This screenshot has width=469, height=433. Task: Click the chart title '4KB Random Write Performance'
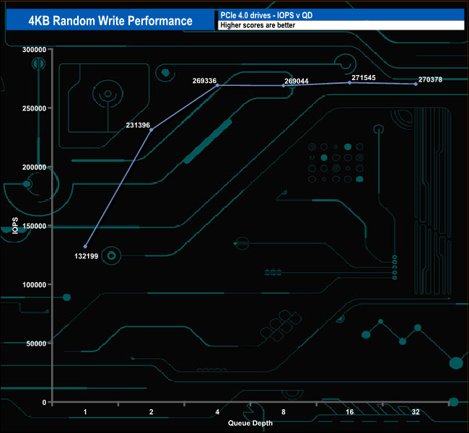110,21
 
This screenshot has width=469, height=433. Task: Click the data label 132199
87,256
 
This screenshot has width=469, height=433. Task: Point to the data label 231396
137,125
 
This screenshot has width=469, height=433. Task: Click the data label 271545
363,76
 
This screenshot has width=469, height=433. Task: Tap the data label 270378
431,79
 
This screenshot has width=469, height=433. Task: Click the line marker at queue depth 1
85,247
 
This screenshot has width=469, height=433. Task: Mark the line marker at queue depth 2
151,130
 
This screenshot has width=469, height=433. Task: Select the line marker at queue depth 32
416,84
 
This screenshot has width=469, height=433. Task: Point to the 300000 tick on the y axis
35,50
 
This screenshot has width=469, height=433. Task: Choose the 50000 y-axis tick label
37,344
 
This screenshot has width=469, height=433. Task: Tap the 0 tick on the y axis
44,402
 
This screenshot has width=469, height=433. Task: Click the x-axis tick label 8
284,412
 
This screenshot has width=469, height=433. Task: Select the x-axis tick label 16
349,412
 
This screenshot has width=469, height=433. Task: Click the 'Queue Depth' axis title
250,423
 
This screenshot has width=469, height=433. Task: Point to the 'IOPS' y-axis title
15,226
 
